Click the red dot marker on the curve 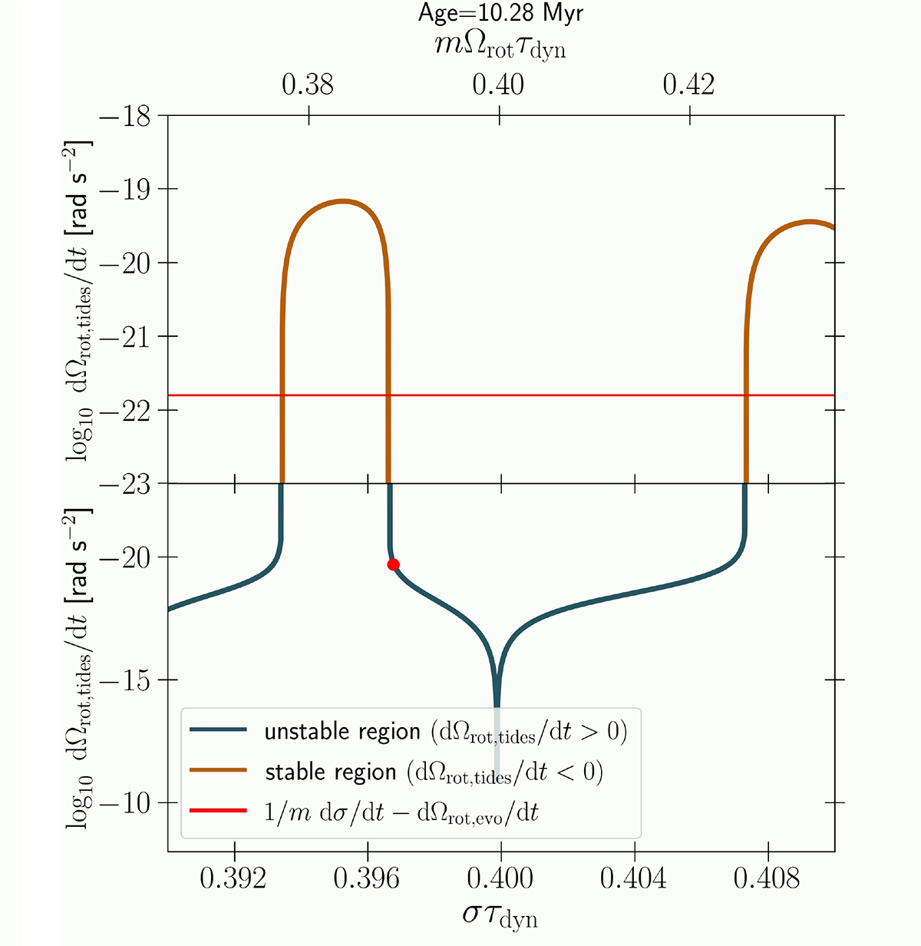pos(393,564)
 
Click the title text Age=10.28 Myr pos(500,13)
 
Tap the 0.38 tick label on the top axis pos(308,84)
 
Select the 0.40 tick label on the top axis pos(499,84)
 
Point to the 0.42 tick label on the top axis pos(688,84)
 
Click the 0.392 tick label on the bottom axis pos(233,878)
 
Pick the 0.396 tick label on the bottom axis pos(368,878)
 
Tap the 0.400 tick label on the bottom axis pos(500,878)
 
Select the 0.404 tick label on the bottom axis pos(634,878)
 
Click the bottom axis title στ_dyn pos(500,916)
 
